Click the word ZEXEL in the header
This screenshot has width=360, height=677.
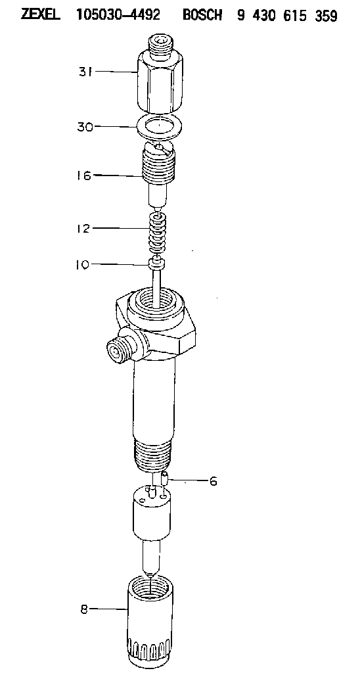coord(41,15)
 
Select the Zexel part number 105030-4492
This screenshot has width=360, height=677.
coord(118,15)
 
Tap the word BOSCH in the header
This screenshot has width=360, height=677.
coord(202,15)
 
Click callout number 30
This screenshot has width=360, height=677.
coord(85,127)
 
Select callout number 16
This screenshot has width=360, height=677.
coord(85,175)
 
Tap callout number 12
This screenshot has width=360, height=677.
coord(83,228)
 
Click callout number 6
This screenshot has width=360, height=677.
coord(213,480)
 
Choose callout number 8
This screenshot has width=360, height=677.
coord(83,609)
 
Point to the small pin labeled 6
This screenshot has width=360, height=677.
coord(164,478)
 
